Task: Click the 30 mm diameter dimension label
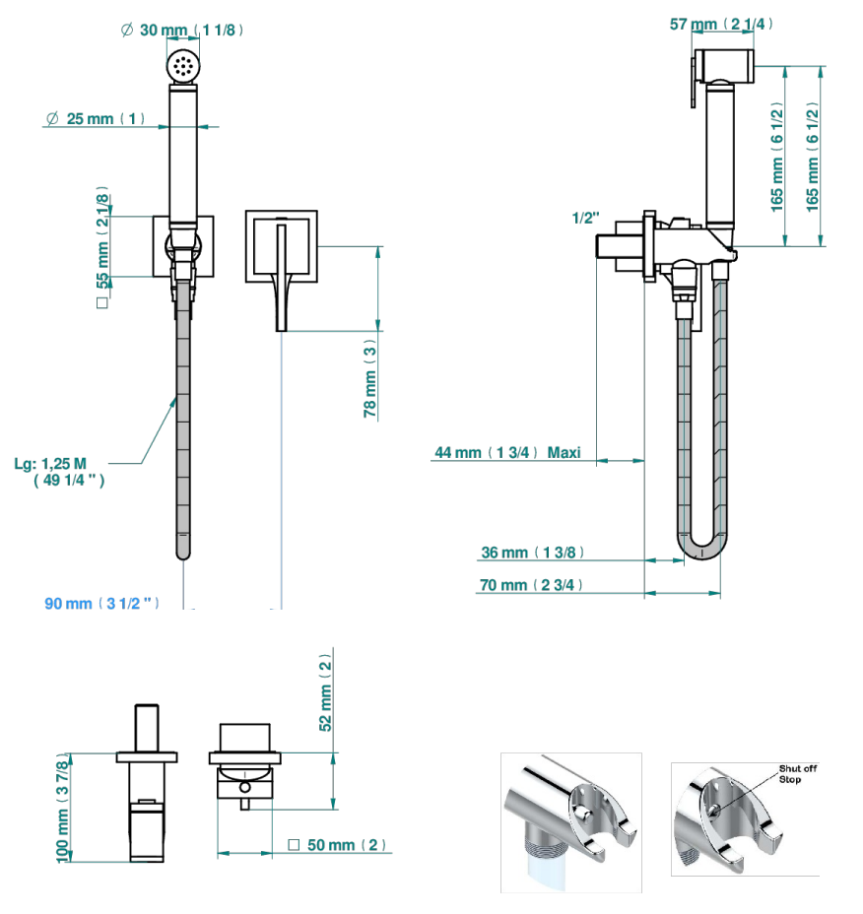[x=181, y=30]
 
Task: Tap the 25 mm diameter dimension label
[x=95, y=118]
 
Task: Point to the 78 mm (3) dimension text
[x=370, y=378]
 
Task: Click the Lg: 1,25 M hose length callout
[x=59, y=472]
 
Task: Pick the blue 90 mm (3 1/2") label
[x=101, y=604]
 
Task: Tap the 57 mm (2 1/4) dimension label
[x=721, y=24]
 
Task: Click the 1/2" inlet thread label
[x=585, y=218]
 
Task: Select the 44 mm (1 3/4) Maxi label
[x=507, y=452]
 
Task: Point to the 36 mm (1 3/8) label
[x=532, y=552]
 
